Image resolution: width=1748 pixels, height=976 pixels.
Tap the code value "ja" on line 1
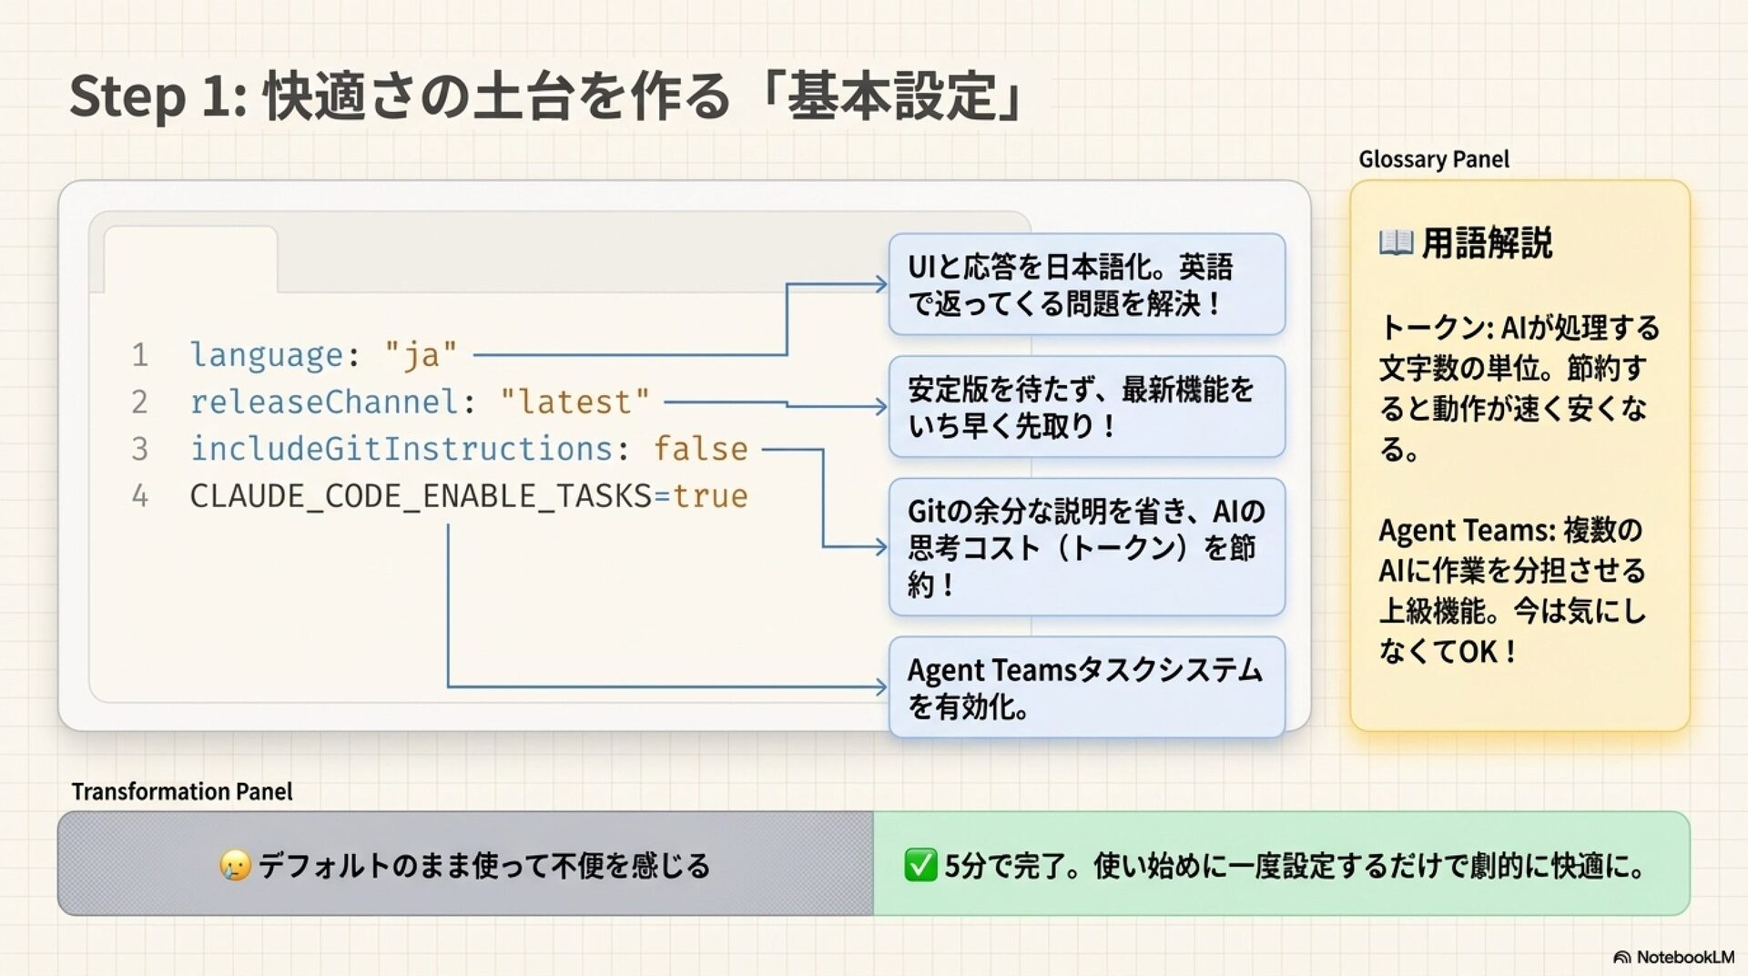[x=421, y=354]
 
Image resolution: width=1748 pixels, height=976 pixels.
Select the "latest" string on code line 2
[x=574, y=402]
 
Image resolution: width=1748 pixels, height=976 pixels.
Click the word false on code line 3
[x=700, y=449]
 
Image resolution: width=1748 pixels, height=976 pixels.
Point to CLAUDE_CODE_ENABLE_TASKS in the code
[x=421, y=496]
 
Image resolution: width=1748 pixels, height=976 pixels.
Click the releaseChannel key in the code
[x=324, y=402]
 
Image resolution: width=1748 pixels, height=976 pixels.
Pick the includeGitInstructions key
[x=401, y=449]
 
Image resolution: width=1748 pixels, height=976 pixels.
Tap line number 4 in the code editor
[x=139, y=496]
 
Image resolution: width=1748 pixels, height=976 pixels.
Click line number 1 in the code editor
[x=139, y=354]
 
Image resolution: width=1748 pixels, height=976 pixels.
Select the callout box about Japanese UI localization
[x=1086, y=284]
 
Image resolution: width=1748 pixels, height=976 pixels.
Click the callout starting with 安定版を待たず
[x=1086, y=407]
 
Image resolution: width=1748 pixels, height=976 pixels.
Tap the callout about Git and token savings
[x=1086, y=547]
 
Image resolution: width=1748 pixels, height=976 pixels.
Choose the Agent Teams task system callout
[x=1086, y=687]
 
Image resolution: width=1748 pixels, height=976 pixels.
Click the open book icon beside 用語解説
[x=1396, y=243]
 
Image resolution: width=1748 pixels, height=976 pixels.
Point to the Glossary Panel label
[x=1433, y=159]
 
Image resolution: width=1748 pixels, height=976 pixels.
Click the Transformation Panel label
[x=182, y=792]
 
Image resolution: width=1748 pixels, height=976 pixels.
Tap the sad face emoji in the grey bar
[x=235, y=865]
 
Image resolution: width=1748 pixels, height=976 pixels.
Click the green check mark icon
[x=920, y=865]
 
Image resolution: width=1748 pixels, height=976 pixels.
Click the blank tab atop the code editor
[x=190, y=259]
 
